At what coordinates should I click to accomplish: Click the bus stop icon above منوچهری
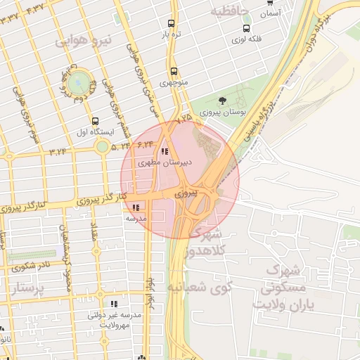(174, 71)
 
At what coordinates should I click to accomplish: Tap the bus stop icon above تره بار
(171, 23)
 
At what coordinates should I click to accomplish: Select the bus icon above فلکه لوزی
(246, 28)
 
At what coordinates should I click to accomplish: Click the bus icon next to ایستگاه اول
(95, 121)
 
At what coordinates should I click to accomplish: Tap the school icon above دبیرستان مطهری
(165, 151)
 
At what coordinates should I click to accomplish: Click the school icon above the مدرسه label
(135, 207)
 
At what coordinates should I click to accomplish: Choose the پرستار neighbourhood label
(29, 288)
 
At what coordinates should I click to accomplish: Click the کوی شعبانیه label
(196, 288)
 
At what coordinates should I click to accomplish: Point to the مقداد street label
(94, 229)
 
